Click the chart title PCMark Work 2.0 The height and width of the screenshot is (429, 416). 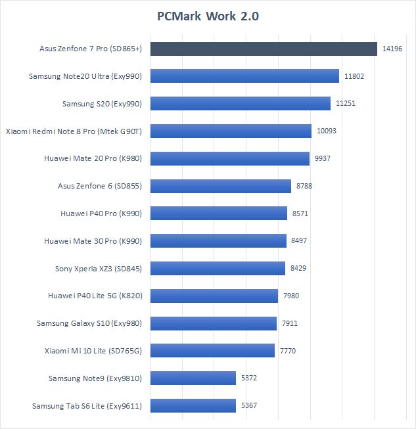pos(208,16)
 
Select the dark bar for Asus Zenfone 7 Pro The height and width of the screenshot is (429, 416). pos(264,49)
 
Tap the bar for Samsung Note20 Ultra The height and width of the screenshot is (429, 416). pos(244,76)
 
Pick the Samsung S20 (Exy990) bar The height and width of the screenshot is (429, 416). pos(241,104)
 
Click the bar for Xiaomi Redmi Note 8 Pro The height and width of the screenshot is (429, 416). pos(231,131)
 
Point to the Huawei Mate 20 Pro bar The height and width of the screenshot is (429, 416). pos(229,158)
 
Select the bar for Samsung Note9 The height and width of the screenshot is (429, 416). pos(193,378)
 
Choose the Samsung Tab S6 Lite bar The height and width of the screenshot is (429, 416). pos(193,405)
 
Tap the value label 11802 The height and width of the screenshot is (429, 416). pos(354,76)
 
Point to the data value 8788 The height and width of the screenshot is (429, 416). pos(305,186)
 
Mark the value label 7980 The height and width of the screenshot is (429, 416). pos(291,296)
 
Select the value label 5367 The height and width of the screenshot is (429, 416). pos(249,405)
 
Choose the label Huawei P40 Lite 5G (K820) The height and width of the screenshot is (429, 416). pos(95,296)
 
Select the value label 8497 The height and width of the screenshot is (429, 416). pos(299,241)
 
